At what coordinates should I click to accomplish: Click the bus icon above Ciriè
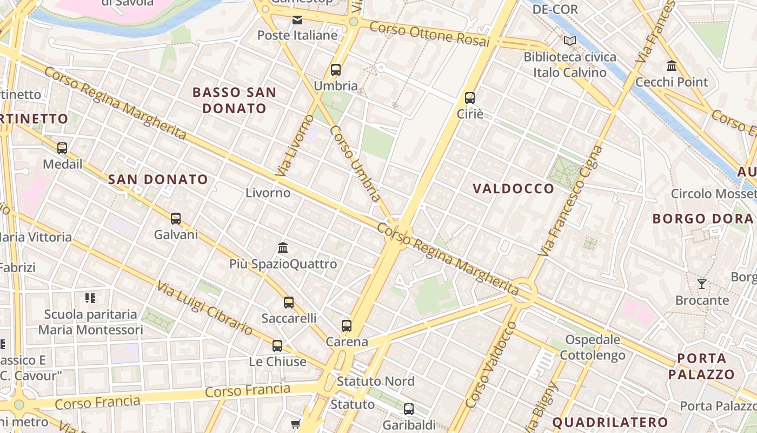[x=469, y=98]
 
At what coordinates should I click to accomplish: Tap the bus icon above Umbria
[x=336, y=70]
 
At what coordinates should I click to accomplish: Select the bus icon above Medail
[x=62, y=148]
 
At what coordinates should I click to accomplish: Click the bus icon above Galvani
[x=176, y=219]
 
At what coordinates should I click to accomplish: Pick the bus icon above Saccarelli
[x=289, y=302]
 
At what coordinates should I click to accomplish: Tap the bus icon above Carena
[x=347, y=326]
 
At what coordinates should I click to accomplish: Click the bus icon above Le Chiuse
[x=277, y=345]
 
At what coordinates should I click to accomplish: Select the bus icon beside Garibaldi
[x=409, y=409]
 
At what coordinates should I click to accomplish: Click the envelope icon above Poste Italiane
[x=297, y=21]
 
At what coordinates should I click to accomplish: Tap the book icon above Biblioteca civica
[x=569, y=41]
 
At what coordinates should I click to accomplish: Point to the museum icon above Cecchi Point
[x=672, y=66]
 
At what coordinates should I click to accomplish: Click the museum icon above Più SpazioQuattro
[x=282, y=248]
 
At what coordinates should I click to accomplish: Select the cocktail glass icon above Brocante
[x=702, y=284]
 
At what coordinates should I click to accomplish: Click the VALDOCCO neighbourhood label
[x=513, y=188]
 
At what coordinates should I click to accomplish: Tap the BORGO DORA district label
[x=702, y=219]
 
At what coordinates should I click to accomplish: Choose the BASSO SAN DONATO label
[x=235, y=100]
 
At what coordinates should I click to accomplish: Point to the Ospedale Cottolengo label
[x=593, y=347]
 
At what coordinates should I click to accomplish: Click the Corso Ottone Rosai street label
[x=429, y=34]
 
